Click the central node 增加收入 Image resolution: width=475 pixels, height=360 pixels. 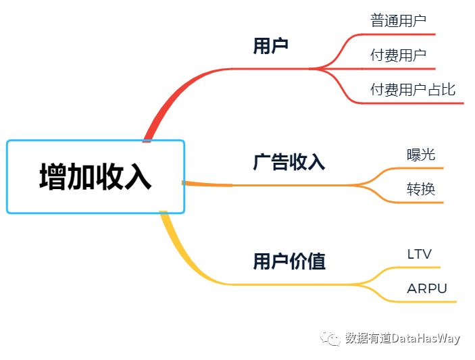[95, 177]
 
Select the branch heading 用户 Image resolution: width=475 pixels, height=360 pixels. [271, 46]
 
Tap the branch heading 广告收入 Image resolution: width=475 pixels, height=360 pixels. [289, 162]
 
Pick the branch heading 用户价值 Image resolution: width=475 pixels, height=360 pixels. [289, 261]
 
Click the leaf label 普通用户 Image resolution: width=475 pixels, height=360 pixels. [398, 21]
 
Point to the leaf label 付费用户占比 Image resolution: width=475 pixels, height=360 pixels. [413, 90]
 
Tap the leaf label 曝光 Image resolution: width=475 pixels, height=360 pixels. [421, 155]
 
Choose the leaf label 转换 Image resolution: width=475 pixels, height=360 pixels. [421, 189]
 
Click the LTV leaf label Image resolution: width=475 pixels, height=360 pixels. [419, 255]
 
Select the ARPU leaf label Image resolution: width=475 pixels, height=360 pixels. [427, 289]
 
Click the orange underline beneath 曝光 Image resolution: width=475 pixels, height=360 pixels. [422, 168]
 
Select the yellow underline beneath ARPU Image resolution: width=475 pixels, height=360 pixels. [429, 301]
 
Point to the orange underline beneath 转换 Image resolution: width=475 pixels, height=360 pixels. [422, 202]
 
